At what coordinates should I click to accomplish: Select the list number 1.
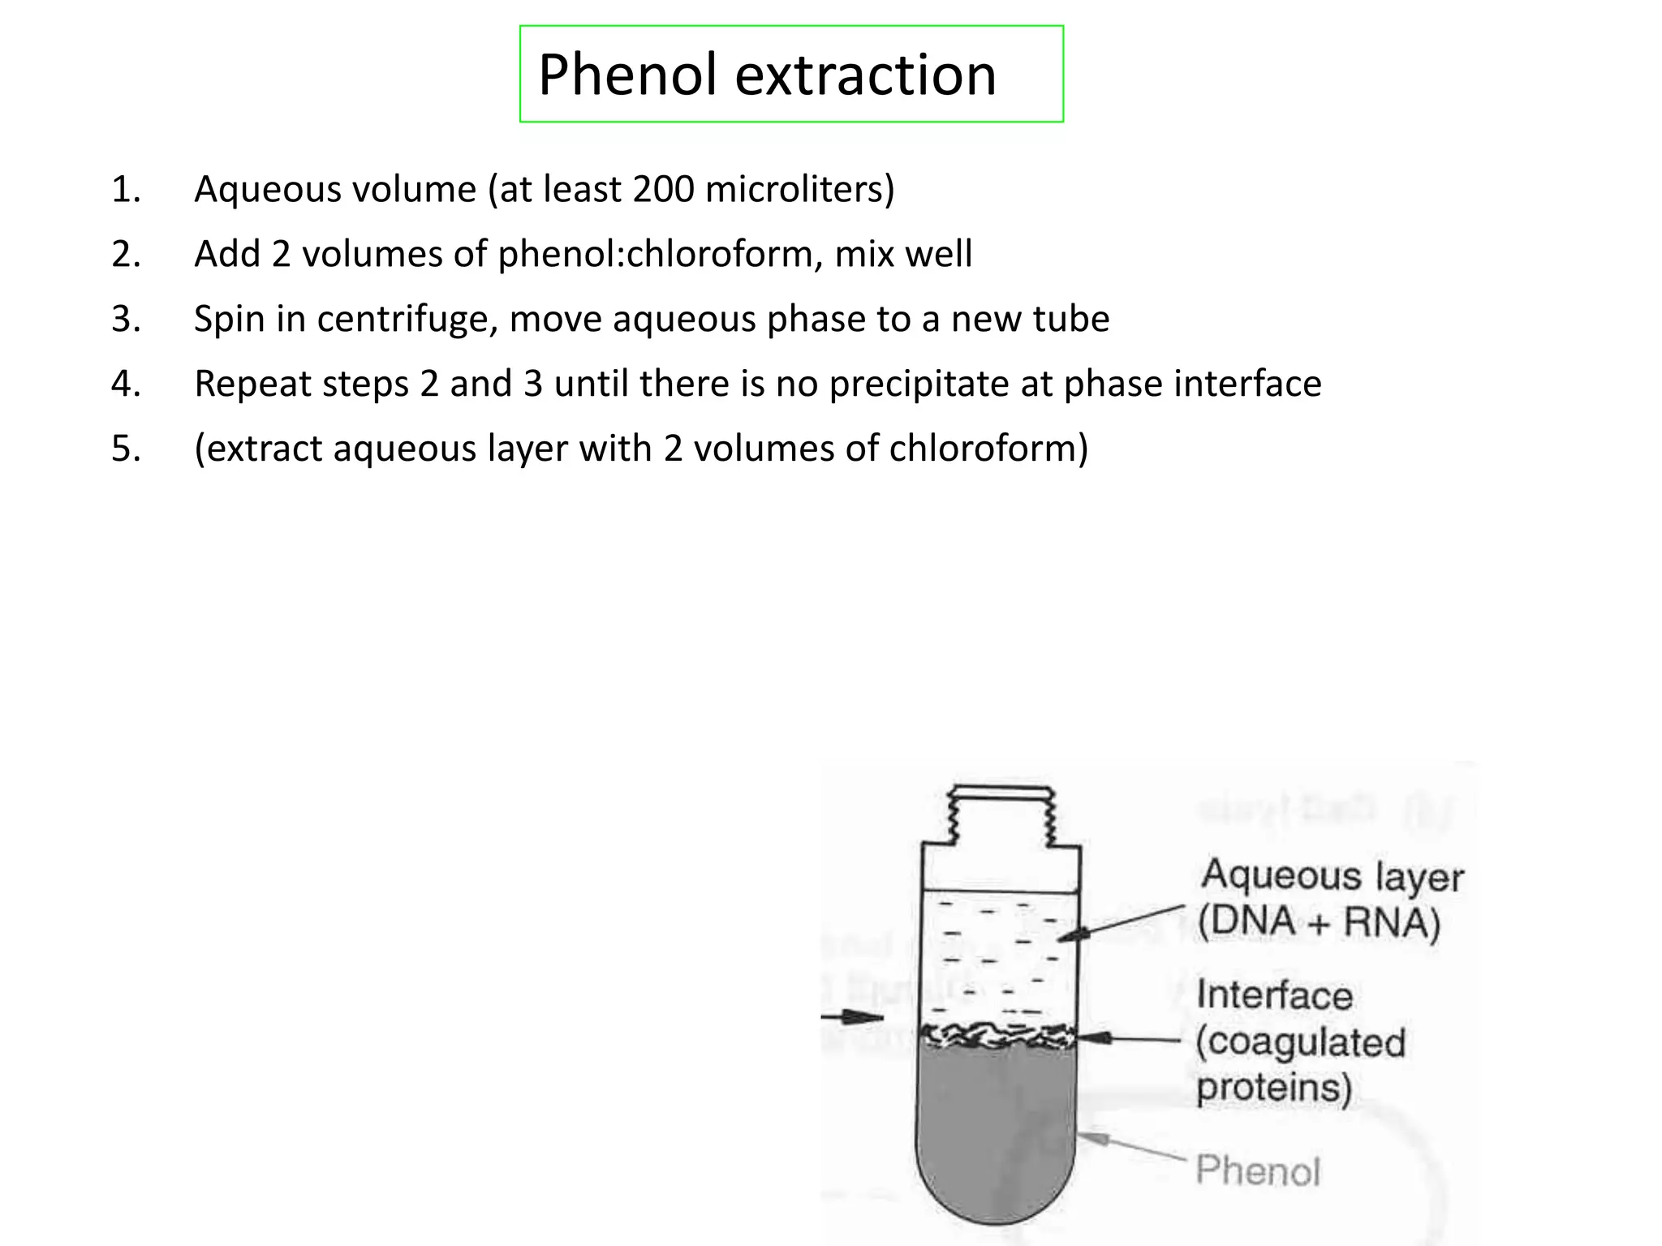pyautogui.click(x=126, y=189)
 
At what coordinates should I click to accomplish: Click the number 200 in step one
pyautogui.click(x=663, y=189)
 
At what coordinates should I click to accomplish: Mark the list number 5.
pyautogui.click(x=126, y=449)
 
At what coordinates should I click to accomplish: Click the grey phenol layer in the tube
pyautogui.click(x=997, y=1136)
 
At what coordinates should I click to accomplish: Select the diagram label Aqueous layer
pyautogui.click(x=1333, y=876)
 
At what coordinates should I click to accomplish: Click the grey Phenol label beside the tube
pyautogui.click(x=1258, y=1171)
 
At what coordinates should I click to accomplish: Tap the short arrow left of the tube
pyautogui.click(x=852, y=1017)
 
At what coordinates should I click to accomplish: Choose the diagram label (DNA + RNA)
pyautogui.click(x=1319, y=922)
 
